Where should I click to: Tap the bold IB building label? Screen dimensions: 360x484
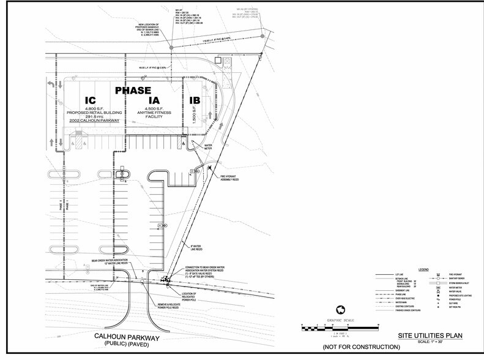tap(195, 100)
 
